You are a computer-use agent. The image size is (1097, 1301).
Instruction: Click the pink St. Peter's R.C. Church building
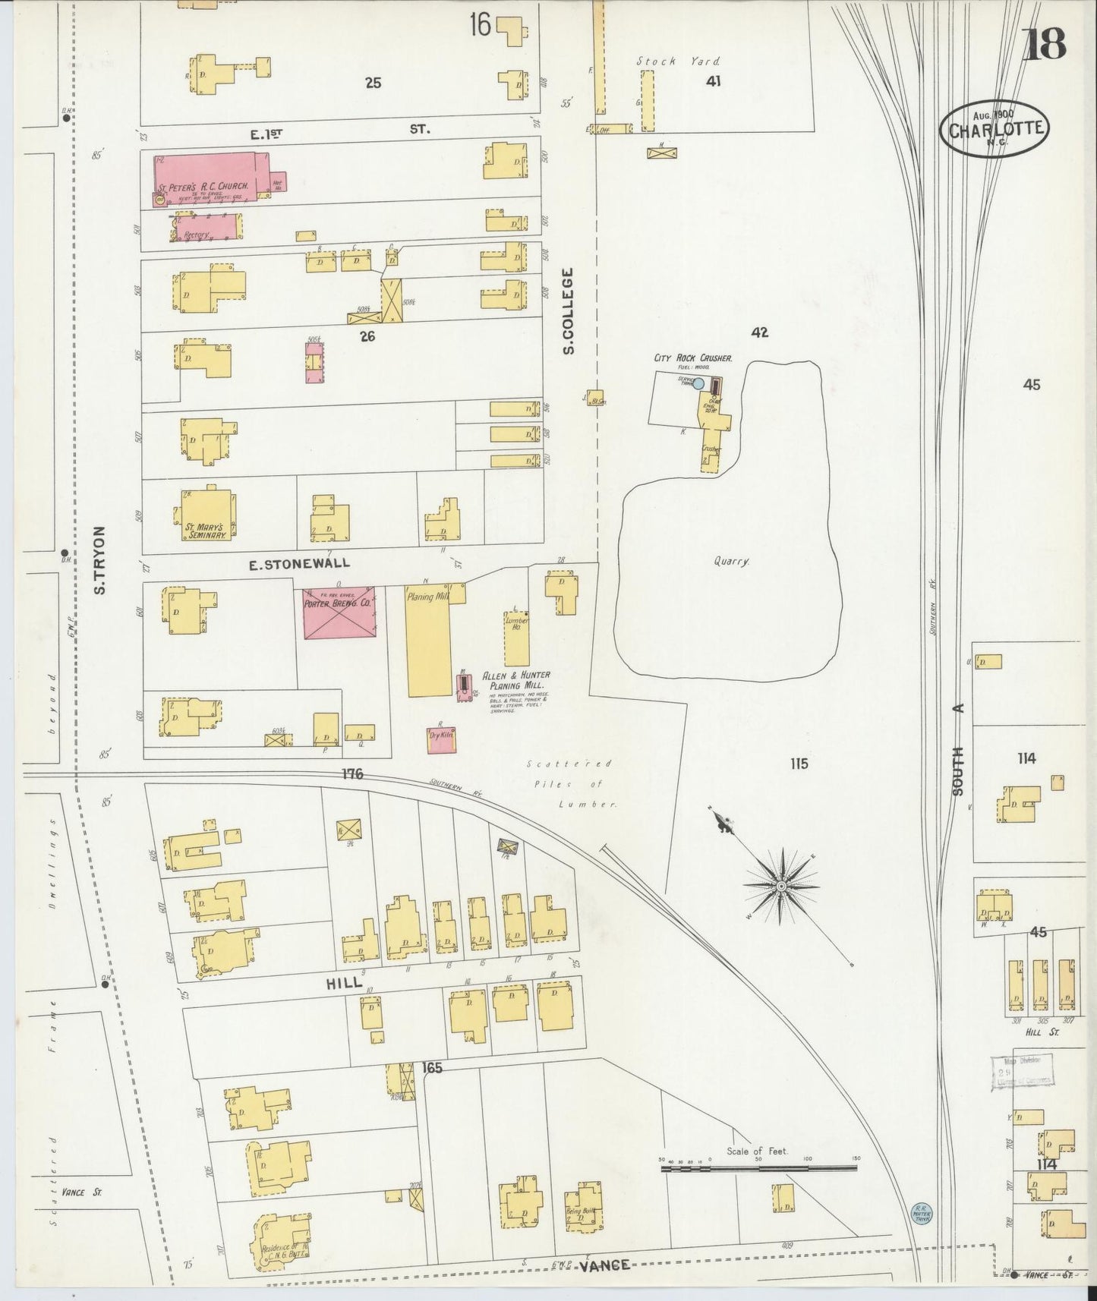click(x=205, y=176)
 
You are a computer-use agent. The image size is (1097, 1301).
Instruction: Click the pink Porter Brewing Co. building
click(x=339, y=612)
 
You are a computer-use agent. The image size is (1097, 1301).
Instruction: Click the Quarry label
click(x=731, y=562)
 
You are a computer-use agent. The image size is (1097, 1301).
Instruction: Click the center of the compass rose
click(x=781, y=886)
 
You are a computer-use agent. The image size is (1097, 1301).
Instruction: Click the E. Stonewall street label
click(x=300, y=562)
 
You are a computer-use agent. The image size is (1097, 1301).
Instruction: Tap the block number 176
click(x=352, y=774)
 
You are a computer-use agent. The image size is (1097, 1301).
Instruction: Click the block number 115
click(x=799, y=764)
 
